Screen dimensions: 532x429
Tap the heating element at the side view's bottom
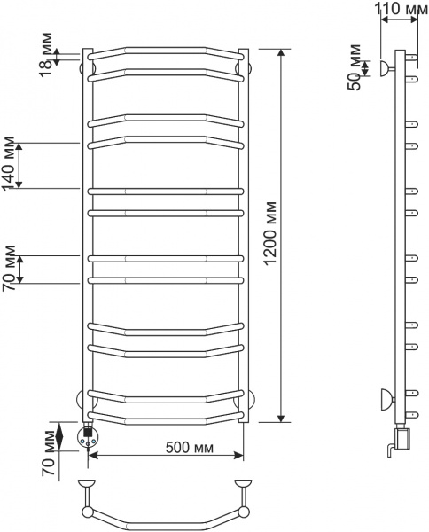pyautogui.click(x=402, y=438)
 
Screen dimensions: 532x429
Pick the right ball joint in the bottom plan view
pyautogui.click(x=243, y=512)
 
